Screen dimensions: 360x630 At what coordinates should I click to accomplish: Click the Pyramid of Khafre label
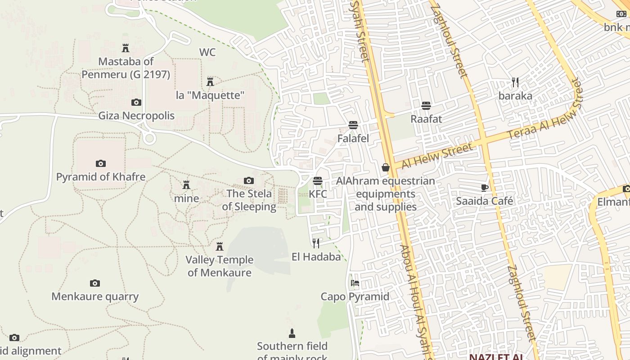coord(101,177)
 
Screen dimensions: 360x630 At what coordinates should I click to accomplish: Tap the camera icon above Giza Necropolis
coord(136,103)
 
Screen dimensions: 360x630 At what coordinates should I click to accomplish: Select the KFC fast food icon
coord(318,181)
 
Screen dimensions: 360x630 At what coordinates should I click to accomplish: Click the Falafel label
coord(353,139)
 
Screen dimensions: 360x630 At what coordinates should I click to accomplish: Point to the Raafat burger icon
coord(426,106)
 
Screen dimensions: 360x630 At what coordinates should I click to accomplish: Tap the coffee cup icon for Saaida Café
coord(485,188)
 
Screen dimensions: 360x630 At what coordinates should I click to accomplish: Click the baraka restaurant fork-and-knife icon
coord(515,82)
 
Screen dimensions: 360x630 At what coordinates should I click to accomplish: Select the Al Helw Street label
coord(437,156)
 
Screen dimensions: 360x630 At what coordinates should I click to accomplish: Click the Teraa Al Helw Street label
coord(544,110)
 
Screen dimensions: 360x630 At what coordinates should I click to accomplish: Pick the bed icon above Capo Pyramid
coord(355,283)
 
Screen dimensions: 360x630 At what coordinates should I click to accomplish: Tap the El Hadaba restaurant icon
coord(316,243)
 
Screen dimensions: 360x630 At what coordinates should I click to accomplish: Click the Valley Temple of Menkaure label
coord(220,266)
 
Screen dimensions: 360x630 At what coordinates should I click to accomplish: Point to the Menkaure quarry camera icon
coord(94,283)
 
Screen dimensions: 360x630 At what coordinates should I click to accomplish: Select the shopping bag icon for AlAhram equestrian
coord(386,167)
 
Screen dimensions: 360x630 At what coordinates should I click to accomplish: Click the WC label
coord(207,52)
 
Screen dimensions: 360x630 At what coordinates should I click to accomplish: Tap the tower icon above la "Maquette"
coord(210,82)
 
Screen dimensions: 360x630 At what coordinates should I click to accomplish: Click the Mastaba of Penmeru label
coord(126,67)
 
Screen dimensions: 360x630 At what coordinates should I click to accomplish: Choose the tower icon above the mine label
coord(186,184)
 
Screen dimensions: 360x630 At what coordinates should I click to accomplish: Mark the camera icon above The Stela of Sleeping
coord(249,181)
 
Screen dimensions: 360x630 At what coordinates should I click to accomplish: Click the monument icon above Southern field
coord(292,333)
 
